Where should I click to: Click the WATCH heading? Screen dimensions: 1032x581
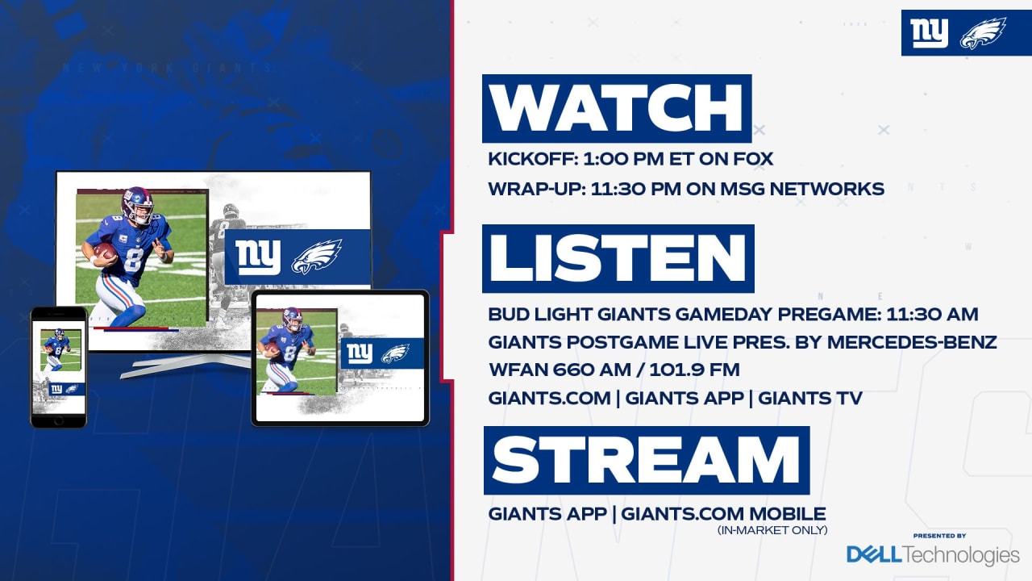click(617, 108)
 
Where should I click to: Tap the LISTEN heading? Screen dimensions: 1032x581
click(618, 258)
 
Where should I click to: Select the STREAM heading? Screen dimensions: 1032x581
click(646, 460)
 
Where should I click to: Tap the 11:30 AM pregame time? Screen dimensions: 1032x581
click(932, 314)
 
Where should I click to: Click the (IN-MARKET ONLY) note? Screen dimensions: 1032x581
click(772, 530)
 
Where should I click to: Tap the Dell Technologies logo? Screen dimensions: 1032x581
click(933, 554)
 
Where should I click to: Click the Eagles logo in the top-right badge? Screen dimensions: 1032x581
click(983, 33)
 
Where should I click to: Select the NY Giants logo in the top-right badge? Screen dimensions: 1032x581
click(930, 33)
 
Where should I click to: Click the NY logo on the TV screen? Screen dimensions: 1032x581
click(258, 257)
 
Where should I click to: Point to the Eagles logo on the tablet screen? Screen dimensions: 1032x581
click(395, 353)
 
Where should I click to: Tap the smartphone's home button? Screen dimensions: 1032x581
click(59, 420)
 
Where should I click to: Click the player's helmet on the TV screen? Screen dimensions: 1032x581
click(138, 204)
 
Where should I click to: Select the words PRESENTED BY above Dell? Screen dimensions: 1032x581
click(939, 536)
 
